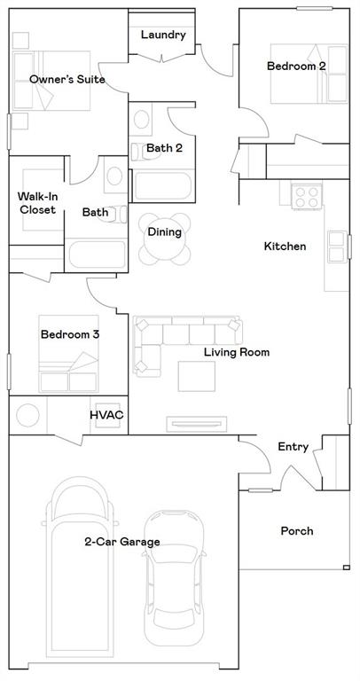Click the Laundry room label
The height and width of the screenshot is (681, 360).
click(x=163, y=35)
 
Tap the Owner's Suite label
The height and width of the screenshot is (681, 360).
click(x=67, y=80)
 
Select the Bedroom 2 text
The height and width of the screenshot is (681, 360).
click(x=296, y=67)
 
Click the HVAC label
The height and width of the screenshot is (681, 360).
click(x=106, y=415)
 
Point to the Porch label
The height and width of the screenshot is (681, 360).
click(x=297, y=531)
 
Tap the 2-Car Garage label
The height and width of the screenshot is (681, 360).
click(x=122, y=542)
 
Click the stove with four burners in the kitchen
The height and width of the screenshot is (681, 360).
click(x=307, y=196)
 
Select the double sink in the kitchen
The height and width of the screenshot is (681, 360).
click(x=337, y=247)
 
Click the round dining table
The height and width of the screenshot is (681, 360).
click(x=165, y=239)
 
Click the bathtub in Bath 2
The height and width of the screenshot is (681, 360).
click(x=162, y=186)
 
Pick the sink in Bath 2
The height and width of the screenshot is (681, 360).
click(x=142, y=120)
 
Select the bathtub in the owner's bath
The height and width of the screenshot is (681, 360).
click(x=98, y=254)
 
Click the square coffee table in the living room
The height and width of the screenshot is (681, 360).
click(x=196, y=376)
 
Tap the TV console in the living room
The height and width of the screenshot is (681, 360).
click(x=197, y=425)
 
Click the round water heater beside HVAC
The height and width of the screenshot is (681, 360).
click(x=27, y=415)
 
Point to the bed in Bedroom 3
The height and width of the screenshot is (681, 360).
click(x=68, y=354)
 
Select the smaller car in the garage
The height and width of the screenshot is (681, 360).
click(x=174, y=578)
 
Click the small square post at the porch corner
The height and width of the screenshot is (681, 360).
click(x=346, y=567)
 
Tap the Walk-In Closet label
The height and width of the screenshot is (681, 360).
click(x=37, y=203)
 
